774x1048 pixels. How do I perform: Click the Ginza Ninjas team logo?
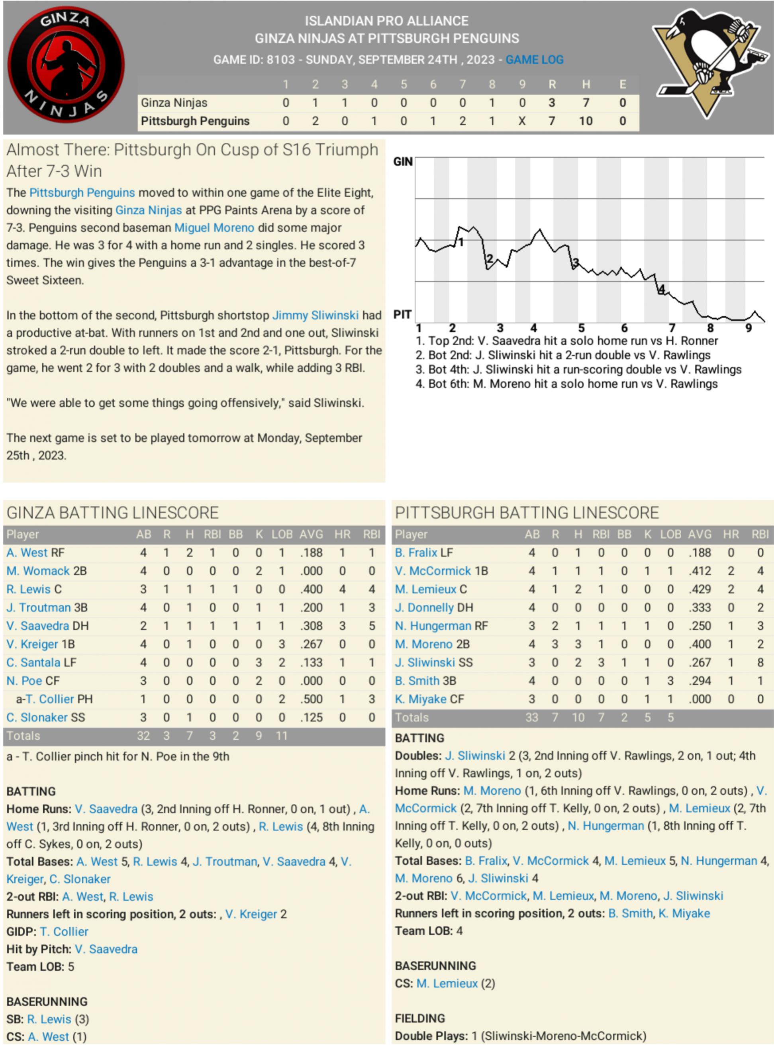coord(66,65)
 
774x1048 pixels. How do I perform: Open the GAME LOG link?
coord(534,60)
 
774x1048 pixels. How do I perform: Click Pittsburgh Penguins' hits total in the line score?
coord(585,121)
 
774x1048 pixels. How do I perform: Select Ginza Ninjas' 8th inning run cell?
coord(492,103)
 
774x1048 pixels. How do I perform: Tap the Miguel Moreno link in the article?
coord(214,228)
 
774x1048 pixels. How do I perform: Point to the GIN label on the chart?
coord(403,162)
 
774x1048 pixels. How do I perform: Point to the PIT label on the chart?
coord(402,314)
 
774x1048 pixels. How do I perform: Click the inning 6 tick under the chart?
coord(624,328)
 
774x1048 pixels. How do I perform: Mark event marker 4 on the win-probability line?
coord(662,290)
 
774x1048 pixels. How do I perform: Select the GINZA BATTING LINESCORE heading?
coord(112,513)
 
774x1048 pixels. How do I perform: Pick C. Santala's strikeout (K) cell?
coord(259,662)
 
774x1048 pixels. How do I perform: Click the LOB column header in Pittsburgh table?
coord(670,535)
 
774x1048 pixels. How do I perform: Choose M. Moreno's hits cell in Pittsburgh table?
coord(578,644)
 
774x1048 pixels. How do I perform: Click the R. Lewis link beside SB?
coord(49,1019)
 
